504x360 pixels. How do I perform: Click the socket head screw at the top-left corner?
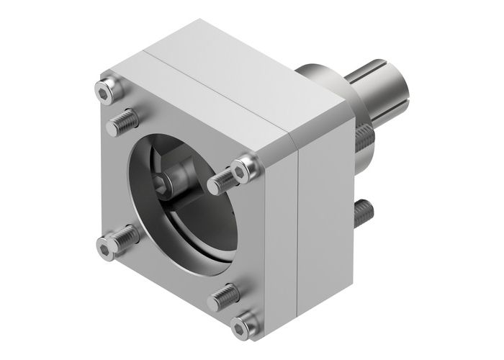[106, 90]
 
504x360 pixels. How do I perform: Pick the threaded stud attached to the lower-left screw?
[122, 235]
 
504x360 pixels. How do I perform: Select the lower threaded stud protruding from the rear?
[363, 210]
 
